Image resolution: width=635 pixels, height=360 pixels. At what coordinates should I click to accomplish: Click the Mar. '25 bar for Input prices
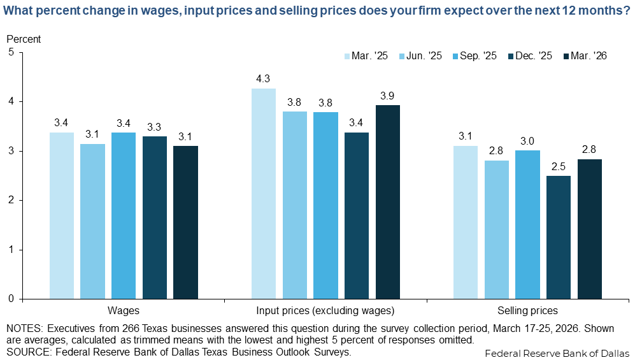[x=264, y=193]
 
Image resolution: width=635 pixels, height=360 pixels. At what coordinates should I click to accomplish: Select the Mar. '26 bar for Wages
[x=185, y=222]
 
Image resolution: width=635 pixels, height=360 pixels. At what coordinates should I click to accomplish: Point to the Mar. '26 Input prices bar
[x=388, y=201]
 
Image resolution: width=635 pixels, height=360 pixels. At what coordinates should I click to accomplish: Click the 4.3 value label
[x=264, y=79]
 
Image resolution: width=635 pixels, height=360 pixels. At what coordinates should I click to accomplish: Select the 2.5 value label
[x=559, y=167]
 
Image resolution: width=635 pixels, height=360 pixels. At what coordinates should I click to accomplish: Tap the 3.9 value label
[x=388, y=96]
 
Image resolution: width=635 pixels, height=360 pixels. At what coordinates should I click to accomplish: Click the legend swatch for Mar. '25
[x=348, y=56]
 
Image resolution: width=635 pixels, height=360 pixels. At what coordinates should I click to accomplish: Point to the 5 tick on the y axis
[x=11, y=53]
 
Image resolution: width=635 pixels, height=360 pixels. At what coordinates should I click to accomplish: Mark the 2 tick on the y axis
[x=11, y=201]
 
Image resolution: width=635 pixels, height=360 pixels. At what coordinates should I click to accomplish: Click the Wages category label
[x=124, y=311]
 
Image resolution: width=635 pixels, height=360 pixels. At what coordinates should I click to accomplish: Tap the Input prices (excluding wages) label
[x=325, y=311]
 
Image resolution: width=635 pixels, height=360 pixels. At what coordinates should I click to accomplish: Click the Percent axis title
[x=24, y=39]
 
